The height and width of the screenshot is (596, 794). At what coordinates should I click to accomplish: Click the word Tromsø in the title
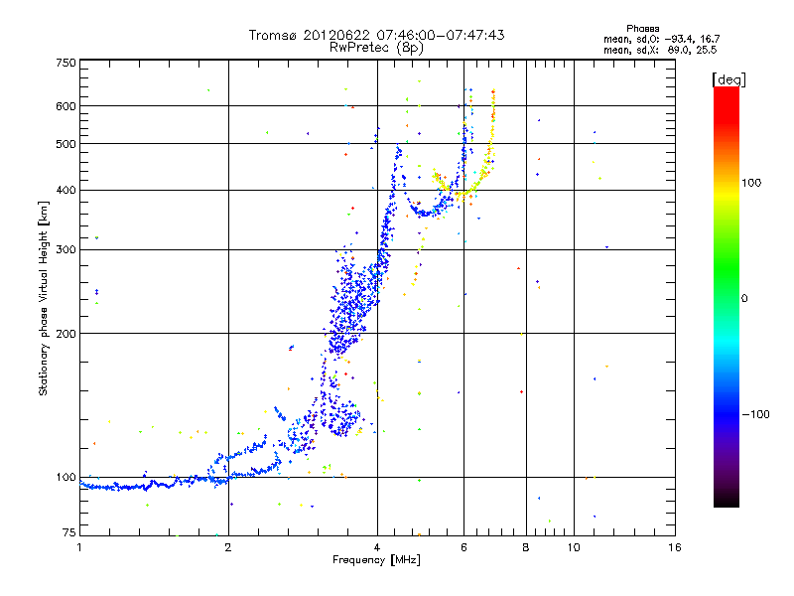point(277,35)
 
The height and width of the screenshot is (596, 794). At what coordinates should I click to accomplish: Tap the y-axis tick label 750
point(66,63)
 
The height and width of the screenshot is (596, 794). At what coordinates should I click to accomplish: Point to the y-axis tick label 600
point(66,106)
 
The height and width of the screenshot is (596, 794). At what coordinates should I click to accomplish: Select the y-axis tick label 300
point(66,249)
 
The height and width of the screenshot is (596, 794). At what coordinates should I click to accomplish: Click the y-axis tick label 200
point(66,334)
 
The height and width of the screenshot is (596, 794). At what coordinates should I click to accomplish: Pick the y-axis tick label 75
point(68,534)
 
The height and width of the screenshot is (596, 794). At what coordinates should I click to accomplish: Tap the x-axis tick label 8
point(526,547)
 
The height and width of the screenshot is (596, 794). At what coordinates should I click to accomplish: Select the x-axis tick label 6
point(463,547)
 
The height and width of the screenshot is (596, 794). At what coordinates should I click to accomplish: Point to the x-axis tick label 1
point(79,547)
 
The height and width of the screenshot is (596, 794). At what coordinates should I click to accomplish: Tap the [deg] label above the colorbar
point(728,78)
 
